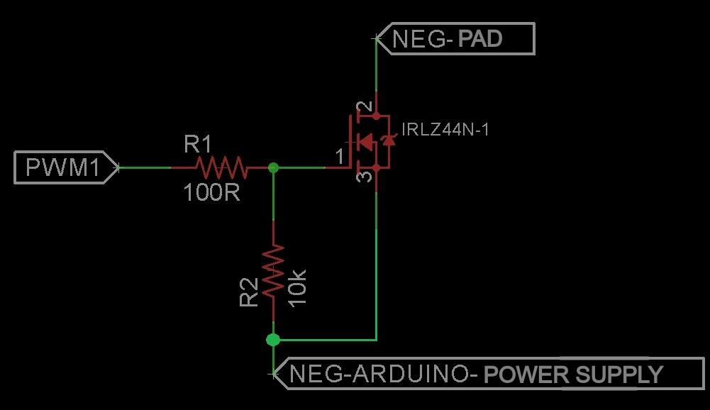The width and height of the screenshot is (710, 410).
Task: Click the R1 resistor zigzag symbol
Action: tap(221, 168)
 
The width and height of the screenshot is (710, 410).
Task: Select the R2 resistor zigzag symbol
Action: tap(273, 271)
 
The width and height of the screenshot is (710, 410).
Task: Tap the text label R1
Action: tap(198, 145)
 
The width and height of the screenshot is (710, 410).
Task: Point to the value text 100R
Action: tap(211, 192)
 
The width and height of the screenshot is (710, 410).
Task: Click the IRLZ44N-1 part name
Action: tap(445, 130)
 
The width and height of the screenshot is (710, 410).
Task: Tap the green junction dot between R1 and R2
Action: tap(274, 168)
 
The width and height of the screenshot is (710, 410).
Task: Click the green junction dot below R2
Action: tap(273, 340)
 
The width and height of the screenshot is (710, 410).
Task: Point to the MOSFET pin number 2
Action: tap(363, 108)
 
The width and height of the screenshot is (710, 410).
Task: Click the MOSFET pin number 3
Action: tap(363, 174)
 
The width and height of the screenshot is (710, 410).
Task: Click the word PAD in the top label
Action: tap(480, 38)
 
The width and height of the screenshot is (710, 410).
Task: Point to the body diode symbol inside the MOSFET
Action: tap(388, 141)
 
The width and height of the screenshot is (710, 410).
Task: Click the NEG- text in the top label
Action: tap(423, 38)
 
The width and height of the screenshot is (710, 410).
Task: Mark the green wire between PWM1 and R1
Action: tap(145, 168)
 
